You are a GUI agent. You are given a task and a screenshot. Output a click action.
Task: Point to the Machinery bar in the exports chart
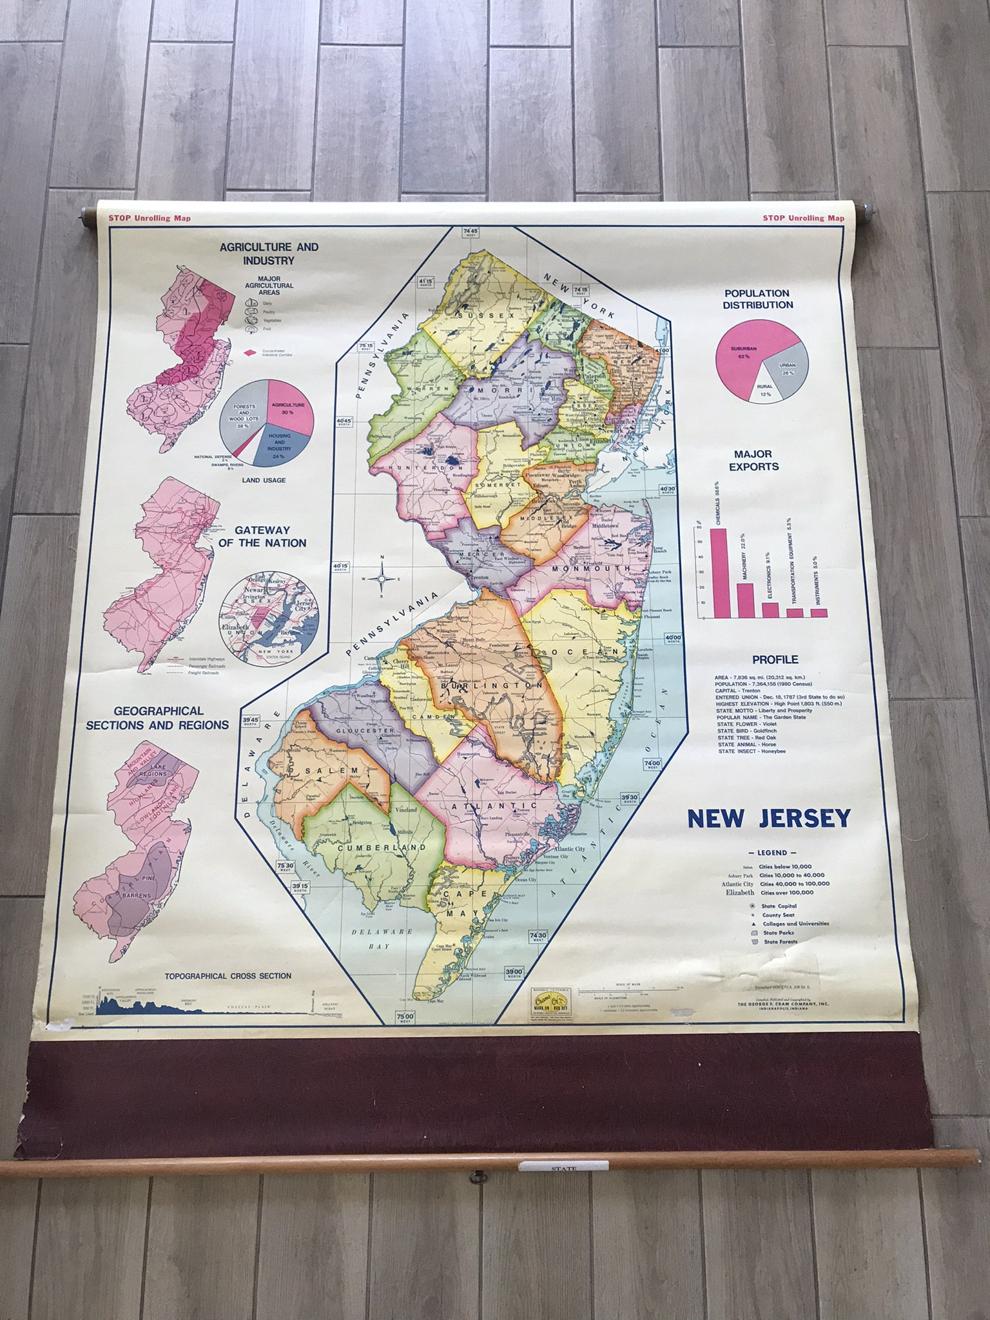[744, 599]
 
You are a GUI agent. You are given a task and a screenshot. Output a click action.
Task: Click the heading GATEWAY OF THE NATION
[270, 536]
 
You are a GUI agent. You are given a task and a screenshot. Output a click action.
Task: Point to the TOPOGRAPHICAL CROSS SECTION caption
[228, 976]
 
